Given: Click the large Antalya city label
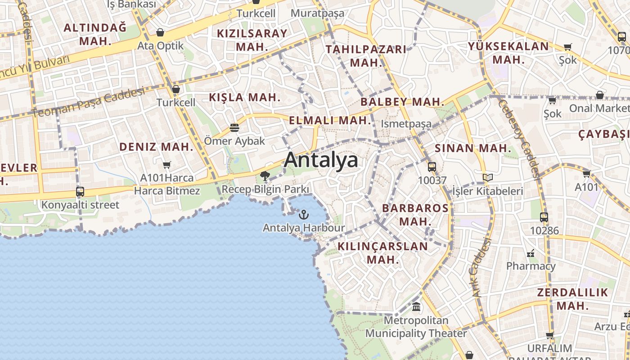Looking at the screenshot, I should click(x=321, y=160).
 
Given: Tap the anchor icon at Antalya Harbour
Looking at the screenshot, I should click(x=304, y=214).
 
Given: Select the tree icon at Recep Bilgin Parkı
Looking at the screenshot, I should click(x=265, y=175).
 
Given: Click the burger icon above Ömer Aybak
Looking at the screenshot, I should click(x=234, y=128).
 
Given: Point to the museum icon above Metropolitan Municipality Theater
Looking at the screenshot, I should click(x=416, y=307).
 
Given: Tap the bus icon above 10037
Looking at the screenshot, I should click(x=432, y=167).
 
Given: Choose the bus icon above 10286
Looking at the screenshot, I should click(x=544, y=217).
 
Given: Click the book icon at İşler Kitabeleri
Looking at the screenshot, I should click(x=488, y=178).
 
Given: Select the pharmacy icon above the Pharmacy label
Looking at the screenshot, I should click(x=531, y=253).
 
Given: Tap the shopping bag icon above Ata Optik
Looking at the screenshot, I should click(x=160, y=32).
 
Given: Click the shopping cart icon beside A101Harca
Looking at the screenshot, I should click(x=167, y=165).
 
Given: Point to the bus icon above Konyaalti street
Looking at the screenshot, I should click(x=80, y=191).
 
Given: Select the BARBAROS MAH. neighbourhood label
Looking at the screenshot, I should click(x=415, y=215).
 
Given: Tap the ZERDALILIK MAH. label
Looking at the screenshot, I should click(x=572, y=299).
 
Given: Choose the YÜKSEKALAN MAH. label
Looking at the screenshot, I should click(x=508, y=53).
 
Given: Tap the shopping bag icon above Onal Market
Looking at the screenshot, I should click(x=599, y=95).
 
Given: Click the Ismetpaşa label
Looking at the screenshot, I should click(x=406, y=124).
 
